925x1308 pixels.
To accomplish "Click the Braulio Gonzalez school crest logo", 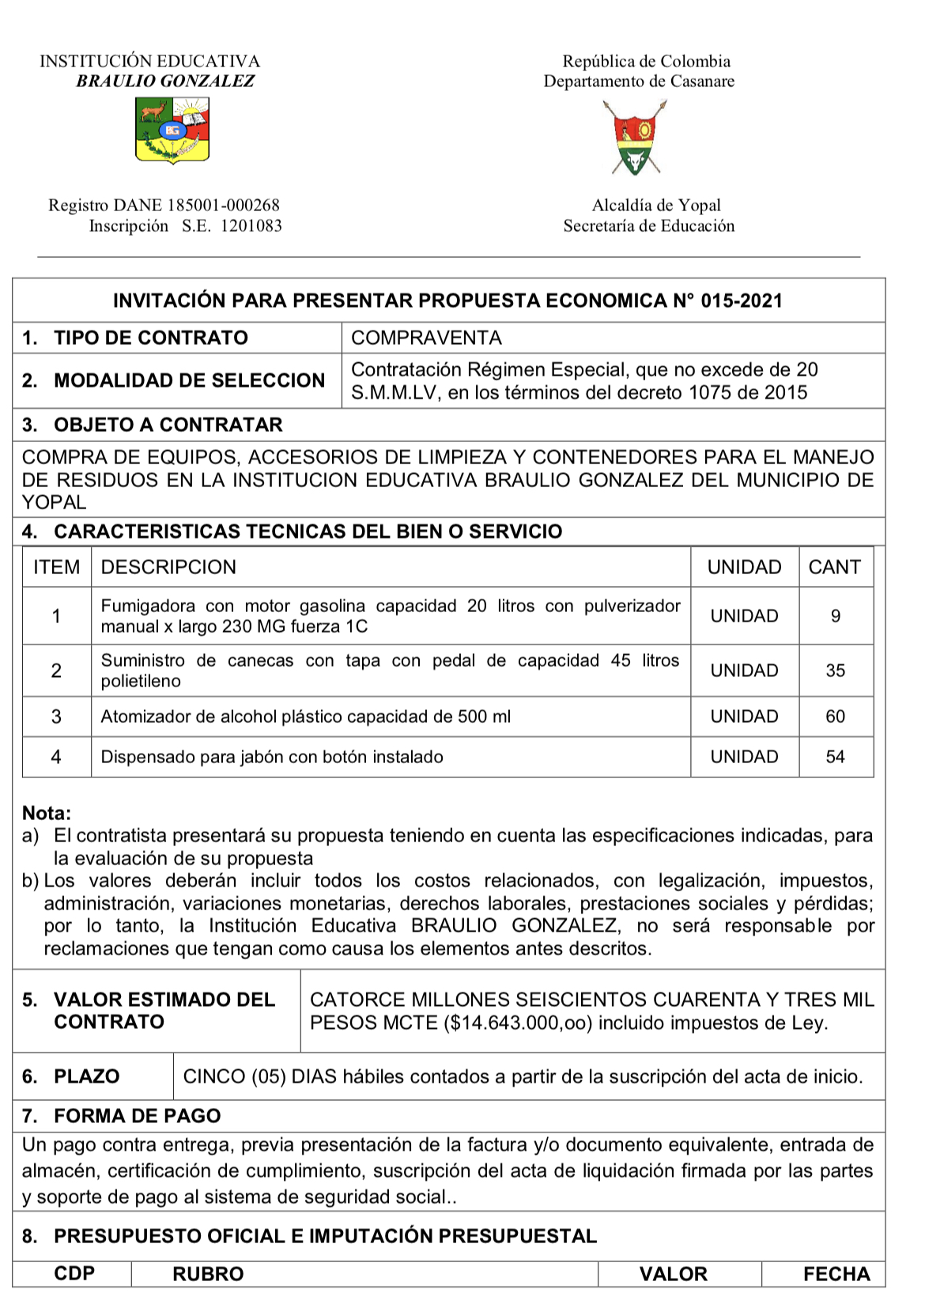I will point(172,130).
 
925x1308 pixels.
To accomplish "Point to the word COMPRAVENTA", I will point(426,338).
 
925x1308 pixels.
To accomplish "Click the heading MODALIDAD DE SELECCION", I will point(189,380).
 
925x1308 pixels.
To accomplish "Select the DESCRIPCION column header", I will point(168,567).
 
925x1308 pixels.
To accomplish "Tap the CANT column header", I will point(834,567).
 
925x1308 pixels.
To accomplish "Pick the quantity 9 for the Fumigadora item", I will point(836,616).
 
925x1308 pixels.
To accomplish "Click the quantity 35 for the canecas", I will point(836,671).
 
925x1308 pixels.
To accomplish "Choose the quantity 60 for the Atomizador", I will point(836,716).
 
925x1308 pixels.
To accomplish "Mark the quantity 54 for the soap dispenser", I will point(836,757).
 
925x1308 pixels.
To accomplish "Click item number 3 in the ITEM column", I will point(56,716).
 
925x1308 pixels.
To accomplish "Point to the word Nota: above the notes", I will point(47,813).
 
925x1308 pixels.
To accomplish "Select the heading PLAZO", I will point(86,1076).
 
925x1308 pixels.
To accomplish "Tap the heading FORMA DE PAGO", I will point(137,1116).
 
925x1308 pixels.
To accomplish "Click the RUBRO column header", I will point(208,1274).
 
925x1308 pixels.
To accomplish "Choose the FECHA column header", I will point(836,1274).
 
